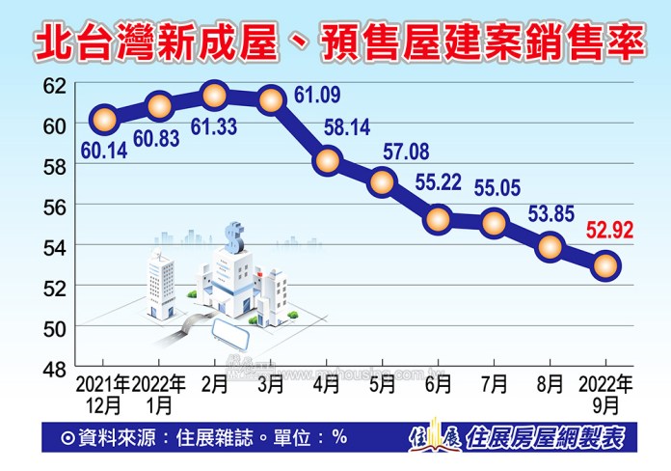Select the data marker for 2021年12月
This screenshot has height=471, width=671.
(x=103, y=120)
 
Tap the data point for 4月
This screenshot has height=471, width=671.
(x=327, y=160)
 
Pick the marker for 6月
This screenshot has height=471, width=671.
(x=439, y=220)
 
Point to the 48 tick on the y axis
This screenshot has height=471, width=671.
(x=56, y=368)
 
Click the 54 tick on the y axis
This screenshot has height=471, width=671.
(x=56, y=246)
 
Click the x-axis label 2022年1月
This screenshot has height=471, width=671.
(x=159, y=393)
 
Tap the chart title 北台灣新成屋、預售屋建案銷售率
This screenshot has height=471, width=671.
(x=335, y=42)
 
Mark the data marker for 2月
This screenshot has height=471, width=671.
(x=215, y=95)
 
